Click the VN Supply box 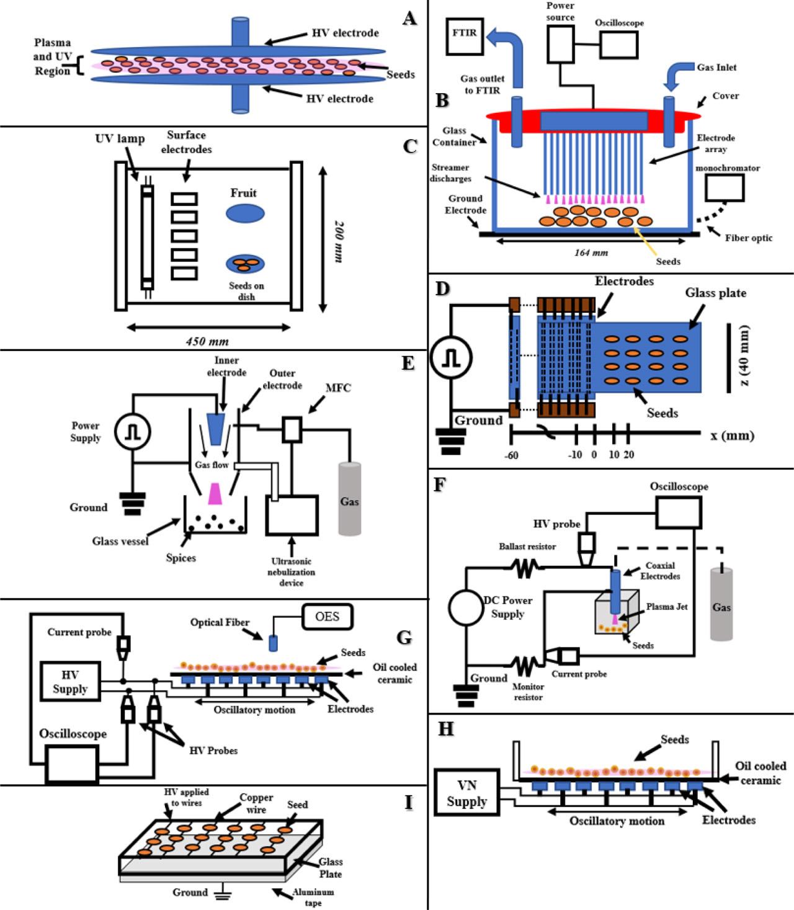pyautogui.click(x=466, y=794)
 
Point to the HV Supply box pyautogui.click(x=69, y=682)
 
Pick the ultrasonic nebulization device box pyautogui.click(x=291, y=514)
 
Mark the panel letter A pyautogui.click(x=409, y=18)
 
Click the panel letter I pyautogui.click(x=408, y=803)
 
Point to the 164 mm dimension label pyautogui.click(x=591, y=252)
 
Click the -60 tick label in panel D pyautogui.click(x=512, y=455)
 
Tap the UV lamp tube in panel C pyautogui.click(x=147, y=233)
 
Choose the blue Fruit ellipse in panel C pyautogui.click(x=245, y=214)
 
